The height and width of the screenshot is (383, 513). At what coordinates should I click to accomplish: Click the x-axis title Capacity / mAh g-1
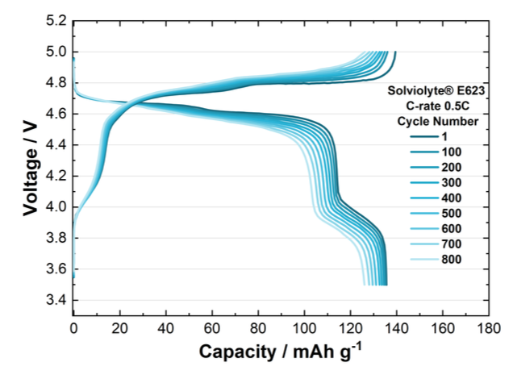281,352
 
